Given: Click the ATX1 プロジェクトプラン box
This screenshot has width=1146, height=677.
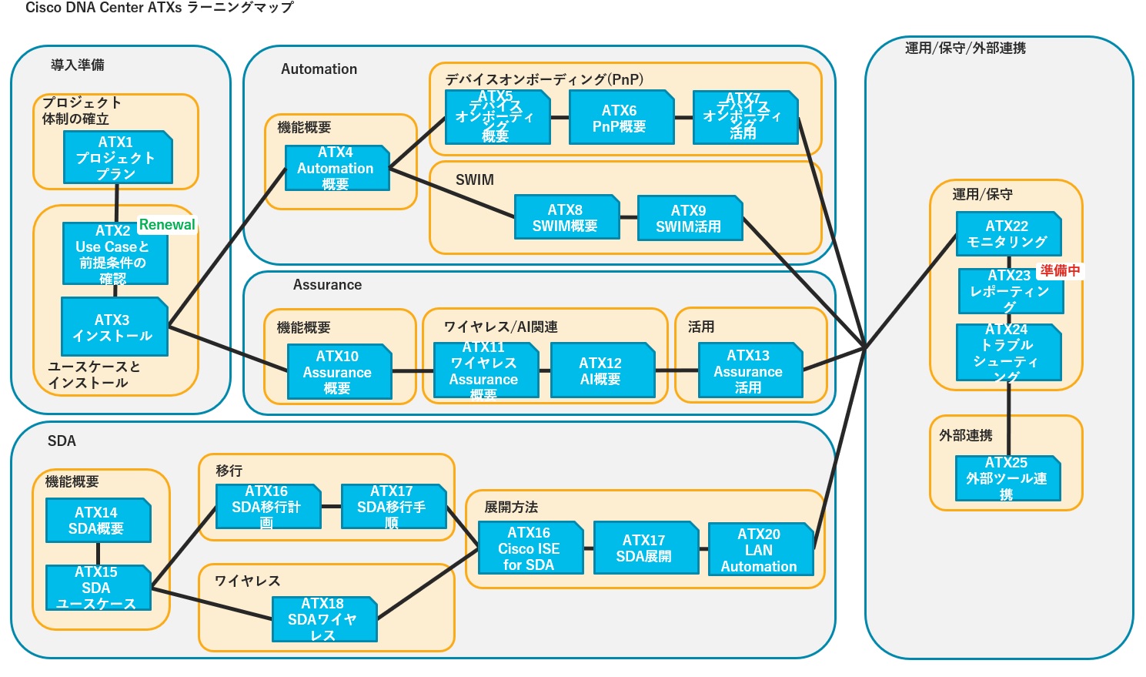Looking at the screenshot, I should coord(117,157).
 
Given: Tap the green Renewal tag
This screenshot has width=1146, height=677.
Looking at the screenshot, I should coord(167,225).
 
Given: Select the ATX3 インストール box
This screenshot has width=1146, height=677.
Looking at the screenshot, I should coord(114,327).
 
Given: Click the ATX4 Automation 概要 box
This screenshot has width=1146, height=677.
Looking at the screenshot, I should coord(336,168).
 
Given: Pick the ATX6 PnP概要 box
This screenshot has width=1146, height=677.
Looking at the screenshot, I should coord(620,118).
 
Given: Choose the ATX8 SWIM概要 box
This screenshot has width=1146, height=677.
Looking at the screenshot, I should coord(566,217).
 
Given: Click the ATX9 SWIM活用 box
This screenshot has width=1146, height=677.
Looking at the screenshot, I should coord(690,218).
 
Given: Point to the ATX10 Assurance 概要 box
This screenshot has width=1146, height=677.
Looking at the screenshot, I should coord(339,372).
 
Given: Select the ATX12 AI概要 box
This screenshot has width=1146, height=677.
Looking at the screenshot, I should coord(602,370).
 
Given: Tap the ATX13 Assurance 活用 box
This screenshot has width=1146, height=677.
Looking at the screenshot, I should coord(750,370).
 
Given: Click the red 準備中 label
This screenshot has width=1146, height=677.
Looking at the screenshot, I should coord(1061,270).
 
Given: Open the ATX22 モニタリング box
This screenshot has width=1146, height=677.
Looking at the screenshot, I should coord(1007,233).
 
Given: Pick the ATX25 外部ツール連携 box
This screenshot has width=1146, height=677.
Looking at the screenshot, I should coord(1007,478).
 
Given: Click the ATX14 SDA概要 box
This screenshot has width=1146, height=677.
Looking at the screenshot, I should coord(98,521).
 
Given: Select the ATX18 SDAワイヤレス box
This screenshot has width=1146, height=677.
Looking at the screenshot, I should coord(324,618).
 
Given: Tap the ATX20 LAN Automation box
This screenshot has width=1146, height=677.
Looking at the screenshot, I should coord(760,549).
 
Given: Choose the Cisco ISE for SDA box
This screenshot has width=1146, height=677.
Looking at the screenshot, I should coord(530,548).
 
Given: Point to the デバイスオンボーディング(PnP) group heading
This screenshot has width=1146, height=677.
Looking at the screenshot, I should coord(544,79).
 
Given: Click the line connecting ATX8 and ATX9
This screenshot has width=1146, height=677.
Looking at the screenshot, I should coord(629,218).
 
